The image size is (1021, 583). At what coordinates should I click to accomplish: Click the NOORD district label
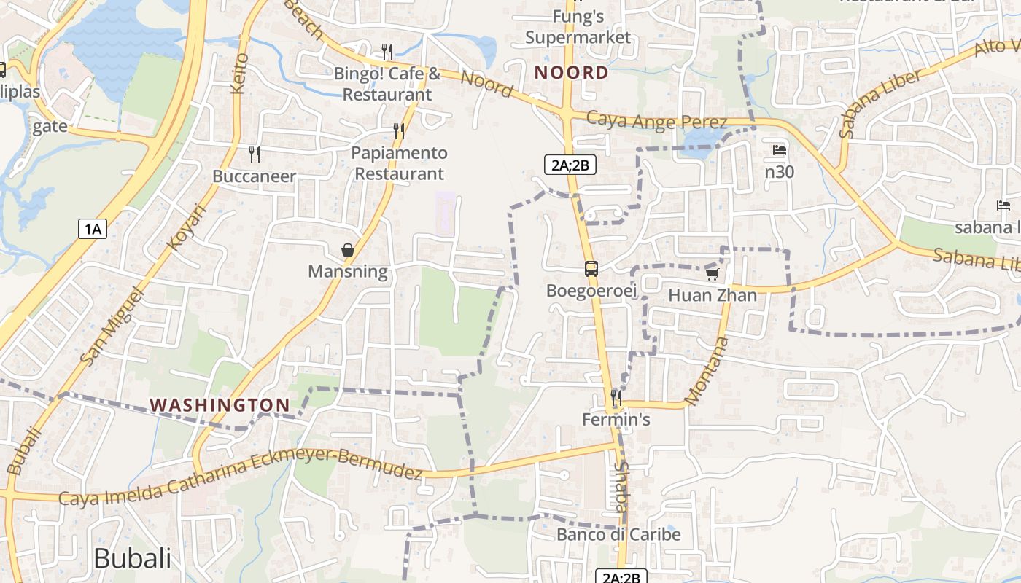pos(571,72)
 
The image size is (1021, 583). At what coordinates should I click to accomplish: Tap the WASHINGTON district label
pos(220,404)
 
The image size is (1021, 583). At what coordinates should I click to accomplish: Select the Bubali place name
pos(133,558)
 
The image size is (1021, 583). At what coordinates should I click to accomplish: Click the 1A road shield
pos(93,230)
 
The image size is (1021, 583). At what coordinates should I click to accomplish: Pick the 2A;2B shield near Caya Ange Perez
pos(570,165)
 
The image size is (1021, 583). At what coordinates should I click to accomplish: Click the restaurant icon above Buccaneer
pos(254,154)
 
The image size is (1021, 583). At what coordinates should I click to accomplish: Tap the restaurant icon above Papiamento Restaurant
pos(398,131)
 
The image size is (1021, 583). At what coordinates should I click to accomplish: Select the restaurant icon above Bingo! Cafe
pos(387,51)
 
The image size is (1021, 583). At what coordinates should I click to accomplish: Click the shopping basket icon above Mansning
pos(348,250)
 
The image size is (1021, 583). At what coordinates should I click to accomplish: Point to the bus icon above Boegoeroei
pos(591,269)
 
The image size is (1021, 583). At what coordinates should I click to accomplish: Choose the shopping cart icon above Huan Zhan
pos(712,274)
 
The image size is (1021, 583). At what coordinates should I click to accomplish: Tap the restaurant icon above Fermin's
pos(616,398)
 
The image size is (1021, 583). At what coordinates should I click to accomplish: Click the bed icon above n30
pos(779,151)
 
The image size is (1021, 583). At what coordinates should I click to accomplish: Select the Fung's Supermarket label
pos(578,26)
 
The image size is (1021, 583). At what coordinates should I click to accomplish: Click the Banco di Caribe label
pos(618,534)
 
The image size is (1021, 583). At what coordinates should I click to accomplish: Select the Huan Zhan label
pos(713,295)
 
